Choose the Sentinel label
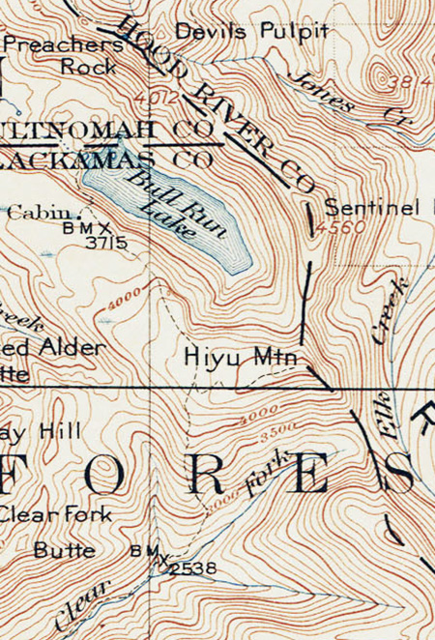[372, 207]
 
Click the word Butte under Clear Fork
[64, 551]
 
